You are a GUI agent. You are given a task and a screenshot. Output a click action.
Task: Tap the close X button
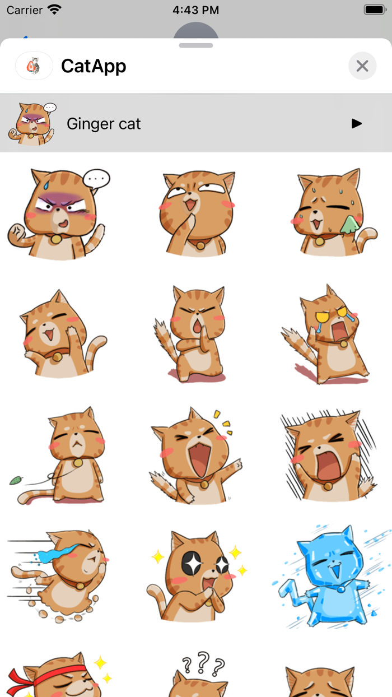pyautogui.click(x=362, y=66)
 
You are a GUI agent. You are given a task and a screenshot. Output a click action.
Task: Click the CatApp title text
pyautogui.click(x=94, y=66)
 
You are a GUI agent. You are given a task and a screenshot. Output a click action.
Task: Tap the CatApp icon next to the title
pyautogui.click(x=34, y=66)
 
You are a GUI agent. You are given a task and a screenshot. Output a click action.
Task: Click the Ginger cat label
pyautogui.click(x=104, y=124)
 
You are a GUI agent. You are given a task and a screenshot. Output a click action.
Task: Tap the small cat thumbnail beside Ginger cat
pyautogui.click(x=32, y=123)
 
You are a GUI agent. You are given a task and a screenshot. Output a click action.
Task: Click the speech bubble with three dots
pyautogui.click(x=96, y=180)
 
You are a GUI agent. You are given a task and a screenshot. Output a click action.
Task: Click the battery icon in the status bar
pyautogui.click(x=374, y=10)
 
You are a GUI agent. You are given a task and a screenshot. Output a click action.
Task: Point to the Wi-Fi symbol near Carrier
pyautogui.click(x=54, y=10)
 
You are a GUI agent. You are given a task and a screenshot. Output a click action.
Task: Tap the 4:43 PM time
pyautogui.click(x=195, y=10)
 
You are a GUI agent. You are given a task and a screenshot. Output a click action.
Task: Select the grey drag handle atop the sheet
pyautogui.click(x=196, y=45)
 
